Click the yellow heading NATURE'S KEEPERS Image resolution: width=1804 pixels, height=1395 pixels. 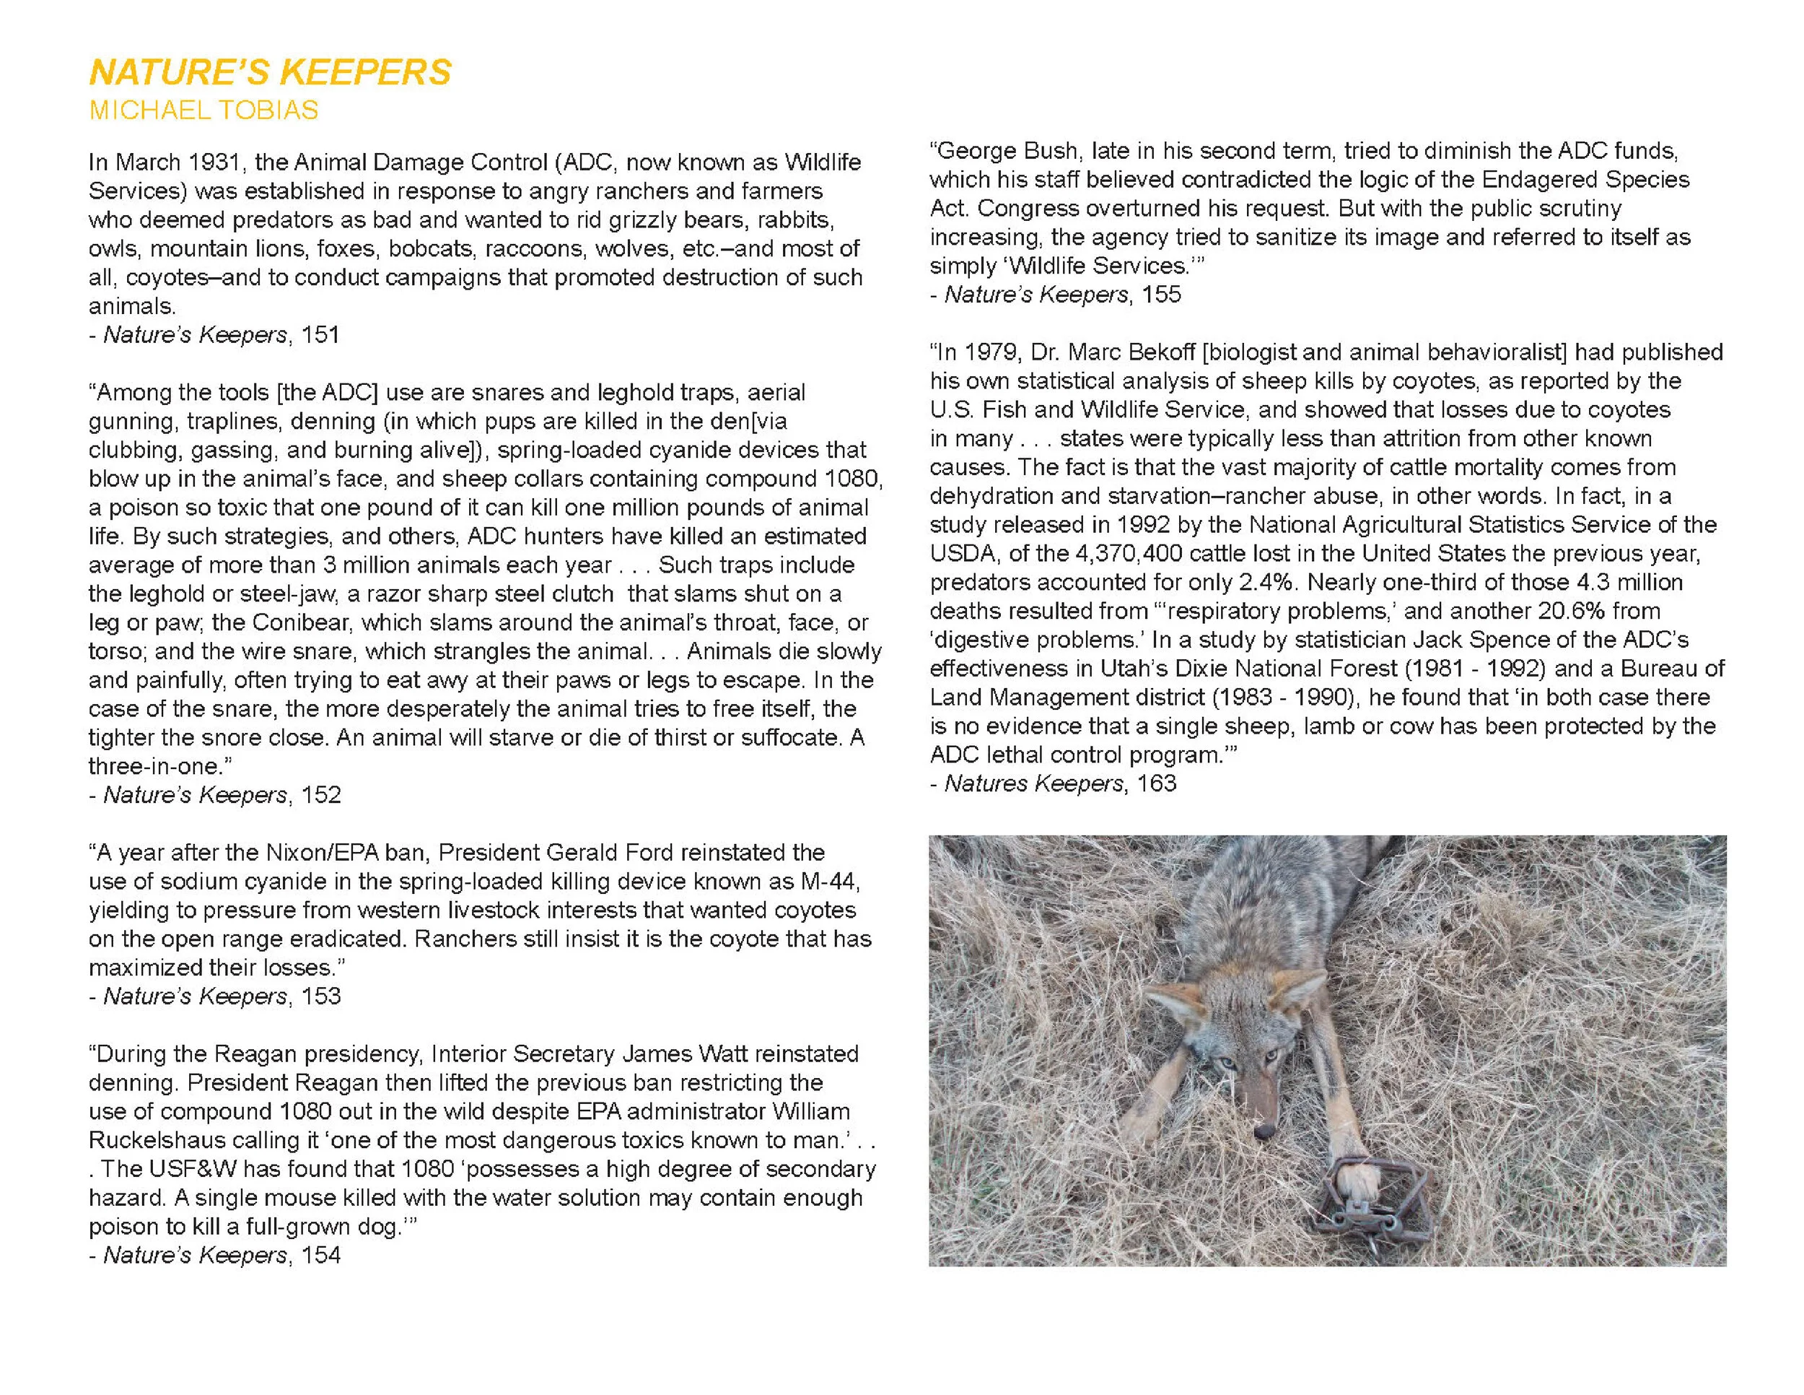270,73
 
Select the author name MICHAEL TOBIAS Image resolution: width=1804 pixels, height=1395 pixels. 203,110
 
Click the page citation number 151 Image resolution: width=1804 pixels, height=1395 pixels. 320,335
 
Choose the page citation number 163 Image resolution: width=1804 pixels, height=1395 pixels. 1157,783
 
